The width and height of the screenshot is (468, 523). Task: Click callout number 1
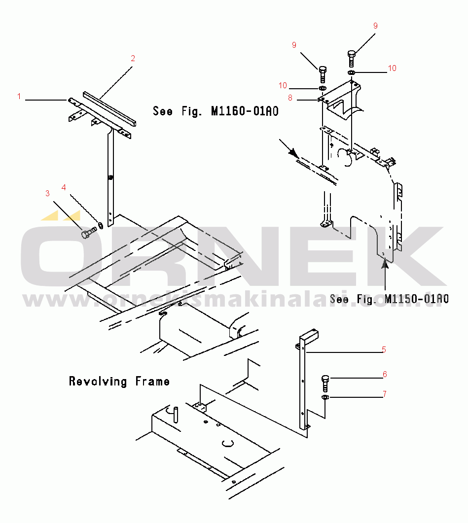tap(19, 97)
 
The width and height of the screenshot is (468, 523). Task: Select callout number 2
tap(133, 58)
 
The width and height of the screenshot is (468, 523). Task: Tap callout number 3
tap(47, 193)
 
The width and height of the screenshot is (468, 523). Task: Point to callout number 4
tap(64, 187)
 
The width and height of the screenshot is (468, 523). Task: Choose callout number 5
tap(384, 350)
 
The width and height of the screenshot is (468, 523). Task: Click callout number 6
tap(385, 375)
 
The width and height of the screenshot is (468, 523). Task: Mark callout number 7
tap(385, 394)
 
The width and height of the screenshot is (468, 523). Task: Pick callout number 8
tap(291, 98)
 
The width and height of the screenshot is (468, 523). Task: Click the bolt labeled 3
tap(87, 233)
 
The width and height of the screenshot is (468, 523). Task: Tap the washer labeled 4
tap(101, 225)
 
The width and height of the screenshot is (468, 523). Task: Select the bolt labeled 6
tap(325, 382)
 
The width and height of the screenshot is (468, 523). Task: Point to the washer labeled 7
tap(325, 397)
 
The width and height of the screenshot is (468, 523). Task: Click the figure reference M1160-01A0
tap(245, 111)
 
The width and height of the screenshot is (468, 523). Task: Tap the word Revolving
tap(98, 381)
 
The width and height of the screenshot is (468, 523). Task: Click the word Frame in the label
tap(152, 381)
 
